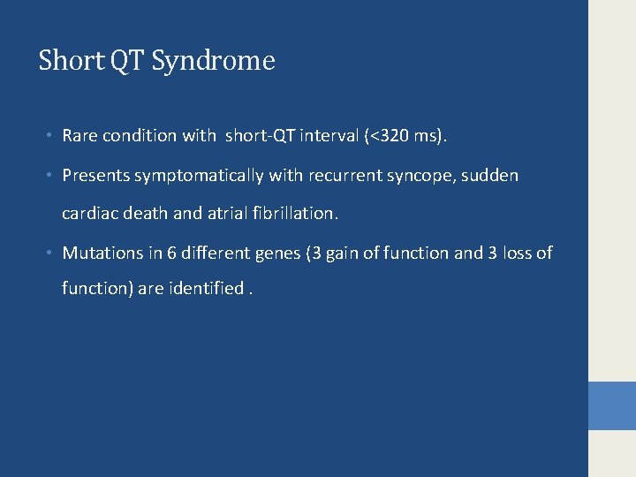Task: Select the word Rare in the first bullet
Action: pyautogui.click(x=80, y=136)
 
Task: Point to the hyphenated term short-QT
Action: pyautogui.click(x=261, y=136)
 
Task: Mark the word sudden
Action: pyautogui.click(x=489, y=176)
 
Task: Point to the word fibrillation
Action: pyautogui.click(x=294, y=214)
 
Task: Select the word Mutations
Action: pyautogui.click(x=99, y=254)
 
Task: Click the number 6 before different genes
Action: pyautogui.click(x=172, y=254)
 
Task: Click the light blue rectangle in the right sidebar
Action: pyautogui.click(x=611, y=405)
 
